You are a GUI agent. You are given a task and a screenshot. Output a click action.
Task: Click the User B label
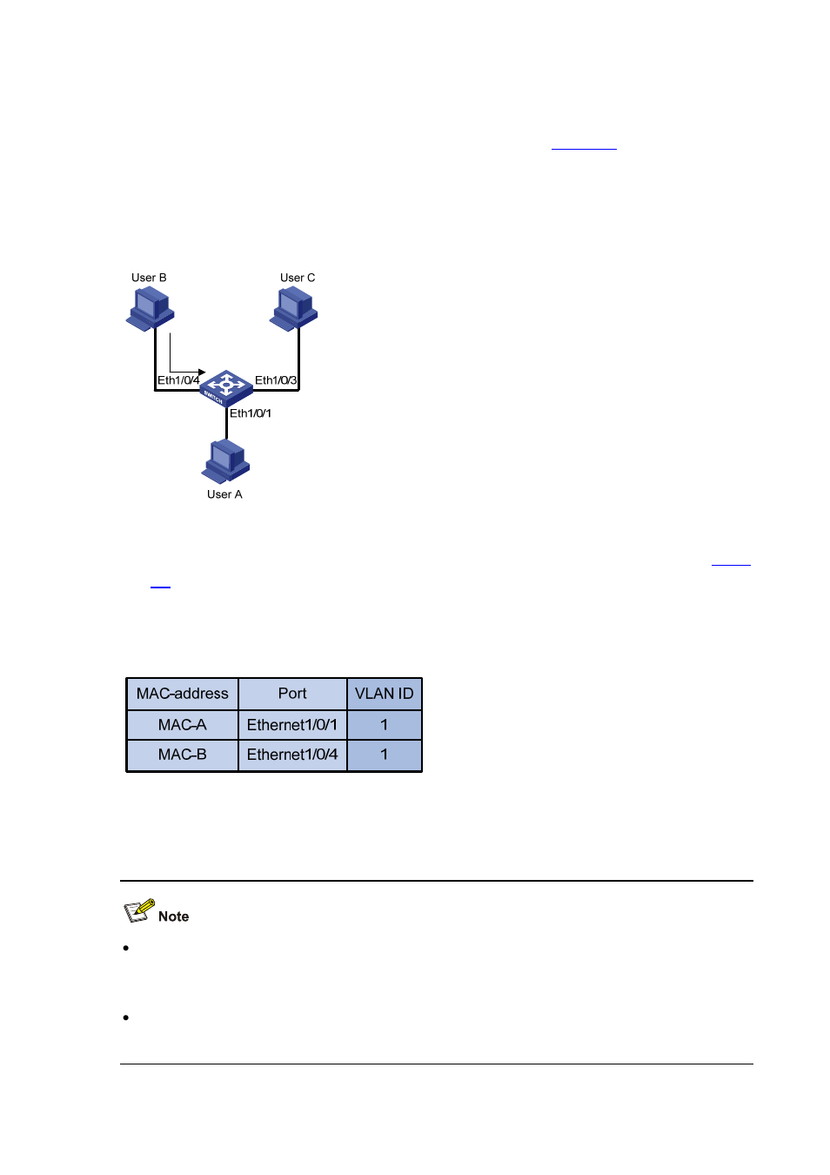[149, 278]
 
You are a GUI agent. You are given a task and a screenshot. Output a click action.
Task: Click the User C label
[298, 278]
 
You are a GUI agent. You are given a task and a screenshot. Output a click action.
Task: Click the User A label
[224, 494]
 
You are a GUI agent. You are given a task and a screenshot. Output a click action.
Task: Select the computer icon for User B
[151, 309]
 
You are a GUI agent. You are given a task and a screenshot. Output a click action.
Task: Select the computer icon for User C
[294, 309]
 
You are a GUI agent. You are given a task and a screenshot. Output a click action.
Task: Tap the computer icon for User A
[226, 461]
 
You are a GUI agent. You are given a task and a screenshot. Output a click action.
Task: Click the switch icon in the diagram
[226, 387]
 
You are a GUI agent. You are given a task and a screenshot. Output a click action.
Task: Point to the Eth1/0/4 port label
[178, 380]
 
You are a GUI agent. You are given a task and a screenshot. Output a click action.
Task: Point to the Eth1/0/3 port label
[276, 380]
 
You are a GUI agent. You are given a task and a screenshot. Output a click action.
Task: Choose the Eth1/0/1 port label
[251, 413]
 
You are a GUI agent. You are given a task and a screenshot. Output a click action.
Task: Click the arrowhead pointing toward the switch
[202, 372]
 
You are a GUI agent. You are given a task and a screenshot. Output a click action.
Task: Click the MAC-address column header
[183, 694]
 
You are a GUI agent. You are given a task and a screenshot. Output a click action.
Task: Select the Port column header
[292, 694]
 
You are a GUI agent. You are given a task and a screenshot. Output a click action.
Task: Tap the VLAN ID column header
[385, 694]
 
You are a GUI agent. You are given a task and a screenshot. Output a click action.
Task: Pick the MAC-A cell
[183, 725]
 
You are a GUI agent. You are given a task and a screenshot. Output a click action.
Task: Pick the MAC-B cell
[183, 755]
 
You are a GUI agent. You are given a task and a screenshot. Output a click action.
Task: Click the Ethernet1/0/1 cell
[292, 725]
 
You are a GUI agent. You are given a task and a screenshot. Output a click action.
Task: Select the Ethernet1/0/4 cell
[292, 755]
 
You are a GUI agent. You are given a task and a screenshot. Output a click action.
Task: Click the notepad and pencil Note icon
[139, 910]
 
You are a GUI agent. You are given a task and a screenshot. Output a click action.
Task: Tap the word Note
[174, 916]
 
